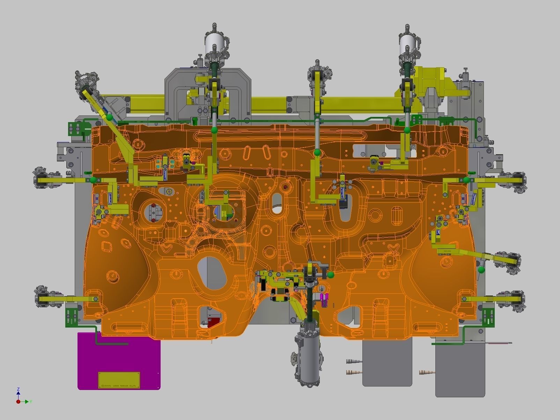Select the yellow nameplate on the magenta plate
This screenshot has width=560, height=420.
pos(119,380)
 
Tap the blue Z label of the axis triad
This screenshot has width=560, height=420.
pos(18,389)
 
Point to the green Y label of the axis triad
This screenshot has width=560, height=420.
pos(31,402)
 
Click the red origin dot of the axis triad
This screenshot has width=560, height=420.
pos(18,402)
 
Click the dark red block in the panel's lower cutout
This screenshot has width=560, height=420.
pos(214,322)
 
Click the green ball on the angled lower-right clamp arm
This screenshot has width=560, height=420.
pos(481,270)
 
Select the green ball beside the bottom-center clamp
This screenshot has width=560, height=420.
pos(331,275)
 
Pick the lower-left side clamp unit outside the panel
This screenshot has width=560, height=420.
pos(47,299)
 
